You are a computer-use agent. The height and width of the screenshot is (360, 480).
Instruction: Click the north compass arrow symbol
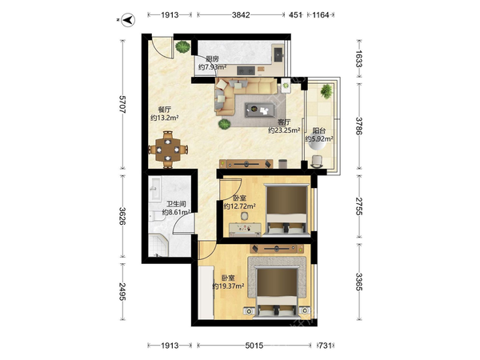click(128, 20)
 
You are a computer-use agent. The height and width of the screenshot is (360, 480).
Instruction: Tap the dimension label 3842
click(241, 14)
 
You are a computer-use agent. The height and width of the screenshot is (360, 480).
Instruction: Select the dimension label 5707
click(122, 104)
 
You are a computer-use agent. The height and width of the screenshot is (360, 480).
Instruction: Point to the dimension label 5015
click(254, 346)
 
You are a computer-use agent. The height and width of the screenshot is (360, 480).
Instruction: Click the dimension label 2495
click(122, 291)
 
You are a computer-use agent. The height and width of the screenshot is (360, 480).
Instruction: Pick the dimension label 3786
click(359, 126)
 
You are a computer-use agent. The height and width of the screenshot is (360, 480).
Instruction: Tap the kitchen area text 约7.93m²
click(212, 66)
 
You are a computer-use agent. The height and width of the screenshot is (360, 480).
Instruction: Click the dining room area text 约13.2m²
click(164, 118)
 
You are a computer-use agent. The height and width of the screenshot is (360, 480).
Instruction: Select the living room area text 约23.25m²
click(284, 130)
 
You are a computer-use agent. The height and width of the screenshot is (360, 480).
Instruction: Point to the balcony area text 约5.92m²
click(319, 138)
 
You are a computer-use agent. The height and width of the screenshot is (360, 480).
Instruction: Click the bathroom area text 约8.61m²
click(176, 212)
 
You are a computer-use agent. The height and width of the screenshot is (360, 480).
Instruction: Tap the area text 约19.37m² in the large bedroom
click(228, 286)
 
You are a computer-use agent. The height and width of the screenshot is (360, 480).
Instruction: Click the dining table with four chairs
click(168, 150)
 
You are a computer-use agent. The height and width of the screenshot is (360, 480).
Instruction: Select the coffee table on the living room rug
click(259, 110)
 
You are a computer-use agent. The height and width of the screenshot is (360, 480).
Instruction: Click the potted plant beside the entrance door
click(182, 47)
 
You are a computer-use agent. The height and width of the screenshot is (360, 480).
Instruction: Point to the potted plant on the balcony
click(326, 91)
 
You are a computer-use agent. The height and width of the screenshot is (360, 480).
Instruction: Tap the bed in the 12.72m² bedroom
click(286, 210)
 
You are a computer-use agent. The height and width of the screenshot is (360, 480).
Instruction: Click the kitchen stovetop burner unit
click(246, 70)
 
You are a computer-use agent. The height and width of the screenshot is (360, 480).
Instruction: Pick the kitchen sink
click(278, 54)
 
